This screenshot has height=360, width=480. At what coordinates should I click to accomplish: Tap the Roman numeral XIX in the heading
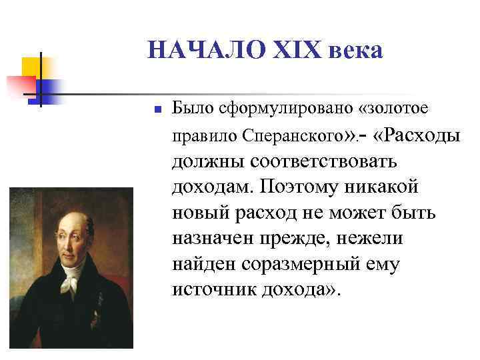[292, 49]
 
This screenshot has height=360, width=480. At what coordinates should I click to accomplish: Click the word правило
[199, 137]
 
